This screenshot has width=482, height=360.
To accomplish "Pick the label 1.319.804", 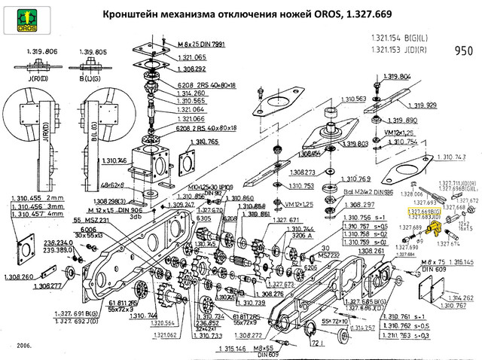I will [395, 77].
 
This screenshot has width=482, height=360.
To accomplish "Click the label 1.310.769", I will [357, 178].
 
